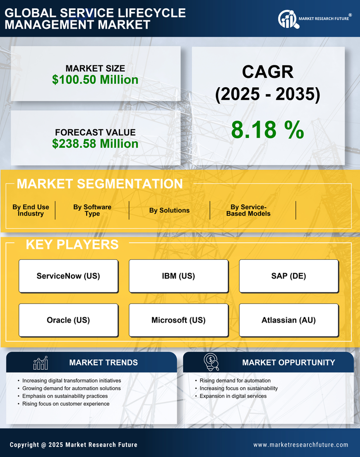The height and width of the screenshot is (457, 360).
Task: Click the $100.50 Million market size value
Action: [95, 79]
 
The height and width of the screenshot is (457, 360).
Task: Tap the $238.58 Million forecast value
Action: [95, 144]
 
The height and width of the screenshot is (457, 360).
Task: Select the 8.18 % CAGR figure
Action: [267, 130]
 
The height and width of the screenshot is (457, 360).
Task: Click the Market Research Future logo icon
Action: [287, 19]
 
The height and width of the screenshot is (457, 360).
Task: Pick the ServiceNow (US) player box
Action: [68, 276]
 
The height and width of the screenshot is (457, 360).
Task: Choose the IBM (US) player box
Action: [178, 276]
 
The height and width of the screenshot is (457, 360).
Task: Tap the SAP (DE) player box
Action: [289, 276]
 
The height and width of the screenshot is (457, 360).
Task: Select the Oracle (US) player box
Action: [68, 320]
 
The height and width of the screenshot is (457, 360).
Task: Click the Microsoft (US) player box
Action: [178, 320]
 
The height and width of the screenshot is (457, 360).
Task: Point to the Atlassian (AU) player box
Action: [289, 320]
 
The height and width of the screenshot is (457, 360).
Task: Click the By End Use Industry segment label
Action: [31, 210]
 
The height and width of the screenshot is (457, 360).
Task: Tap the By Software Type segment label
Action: [92, 210]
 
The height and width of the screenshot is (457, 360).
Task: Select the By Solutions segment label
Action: [169, 210]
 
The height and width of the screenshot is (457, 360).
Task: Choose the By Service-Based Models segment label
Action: [249, 210]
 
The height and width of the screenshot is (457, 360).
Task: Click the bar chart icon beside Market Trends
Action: [41, 363]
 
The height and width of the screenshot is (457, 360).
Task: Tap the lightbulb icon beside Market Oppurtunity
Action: [212, 362]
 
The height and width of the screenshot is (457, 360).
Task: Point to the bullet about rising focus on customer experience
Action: [66, 404]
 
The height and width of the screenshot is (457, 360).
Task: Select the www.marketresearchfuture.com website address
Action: [301, 445]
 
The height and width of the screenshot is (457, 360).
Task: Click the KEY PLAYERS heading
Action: [72, 244]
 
